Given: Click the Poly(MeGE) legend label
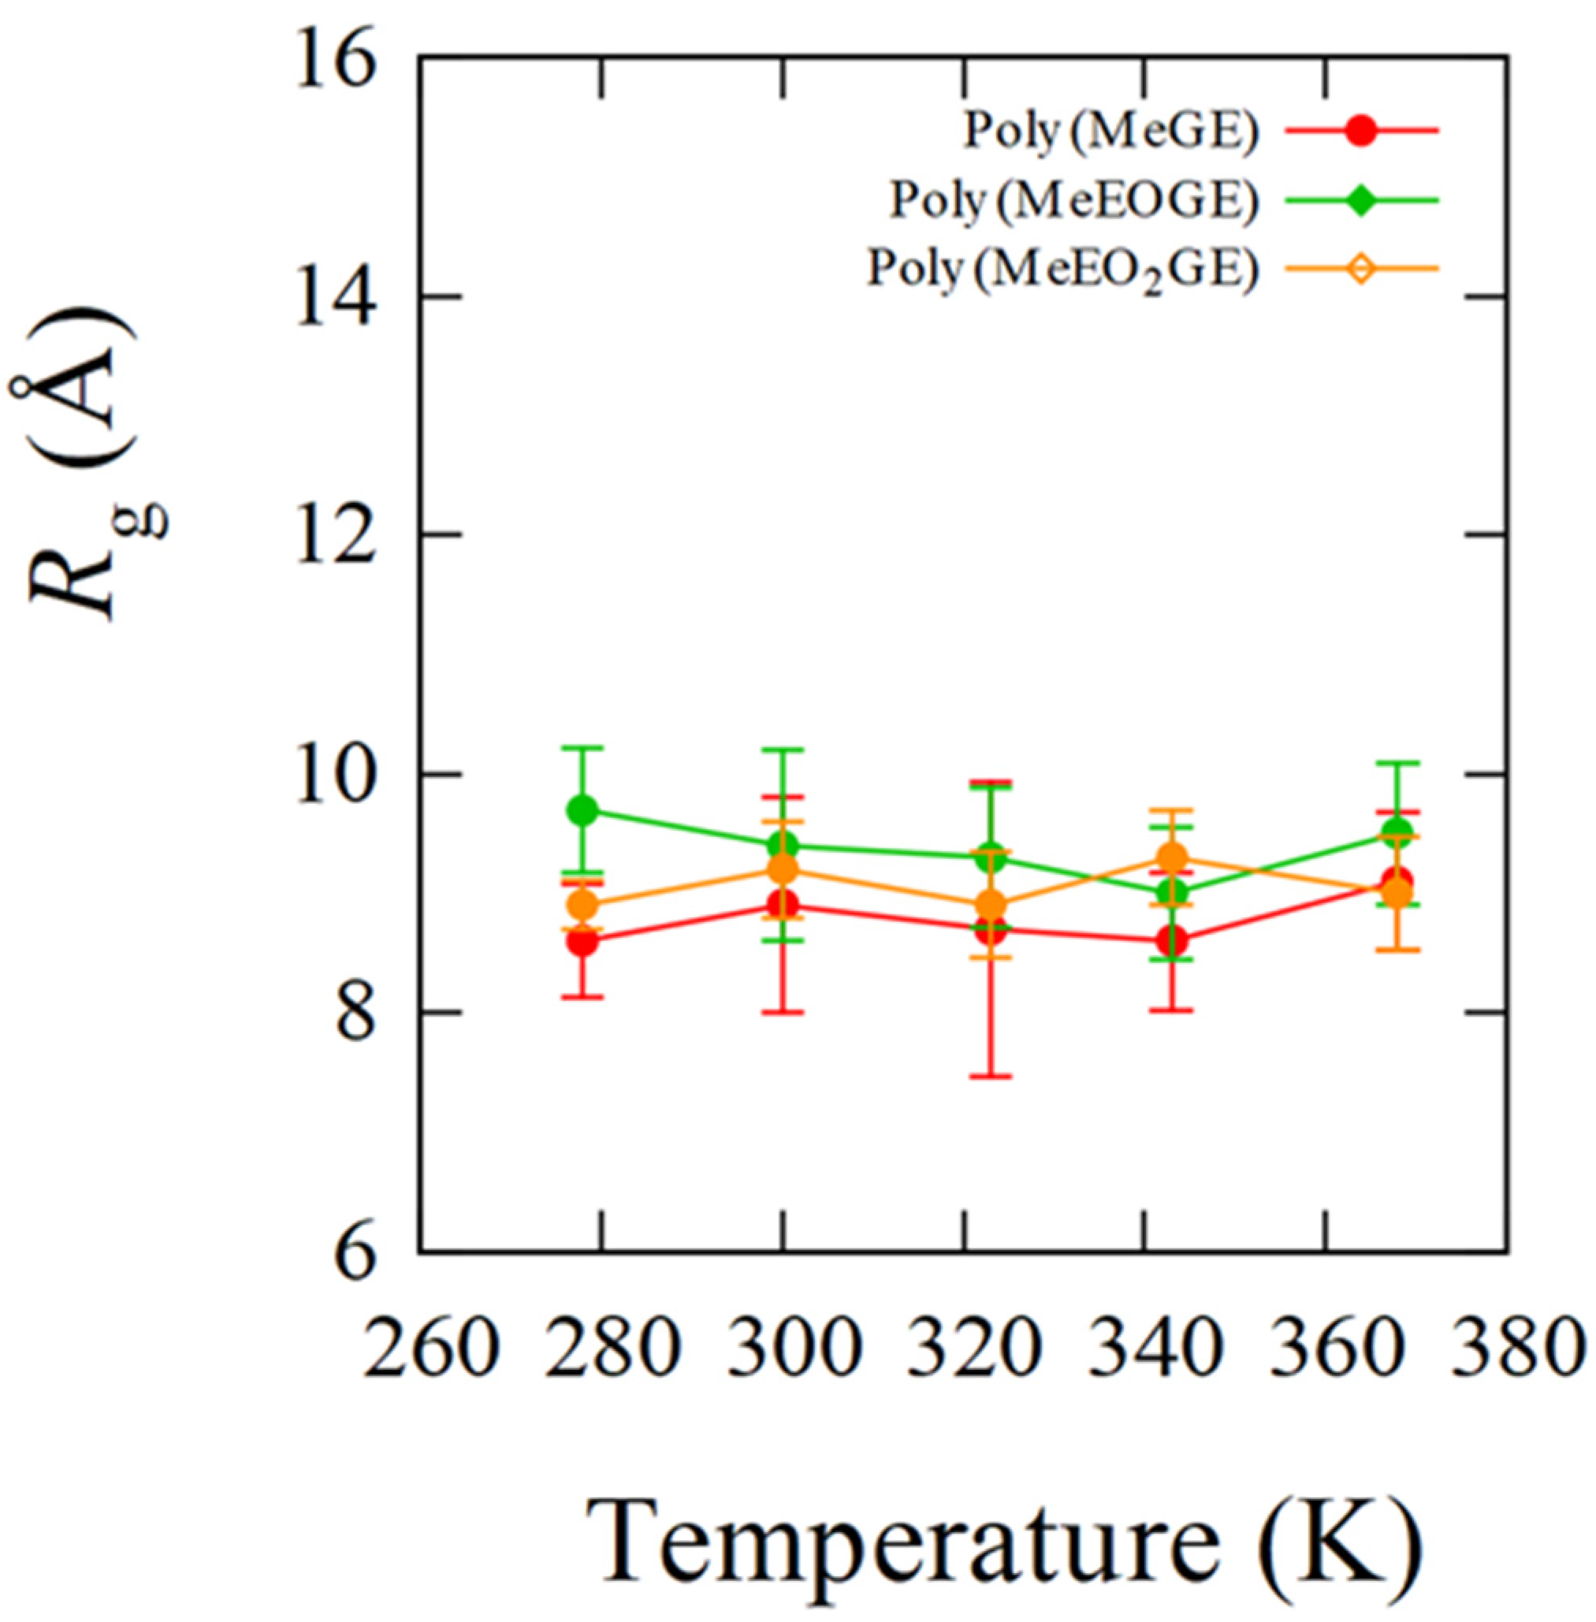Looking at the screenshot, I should click(1111, 132).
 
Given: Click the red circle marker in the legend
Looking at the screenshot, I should click(1362, 132).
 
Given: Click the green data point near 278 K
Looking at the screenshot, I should click(582, 809).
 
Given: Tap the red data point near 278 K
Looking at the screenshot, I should click(582, 941).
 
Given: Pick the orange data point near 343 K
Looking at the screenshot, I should click(1172, 858).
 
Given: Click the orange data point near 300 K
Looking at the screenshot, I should click(783, 869).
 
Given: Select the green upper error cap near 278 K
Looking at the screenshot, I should click(582, 747).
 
